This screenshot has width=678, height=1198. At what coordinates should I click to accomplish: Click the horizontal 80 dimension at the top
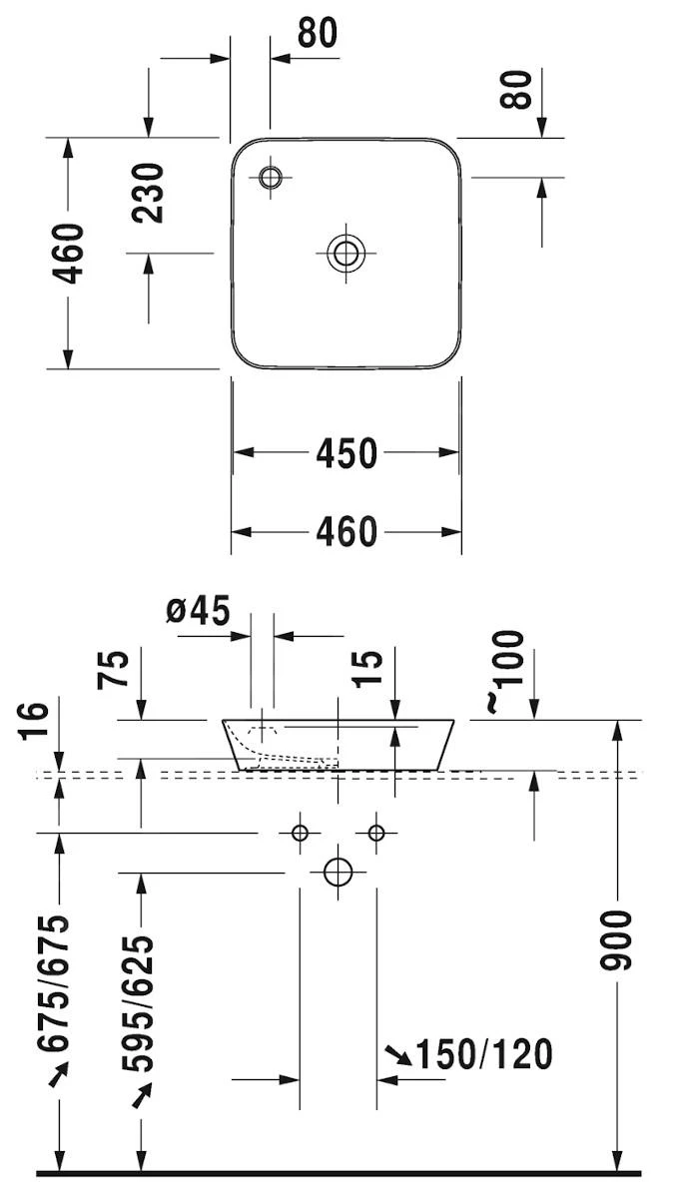pos(318,33)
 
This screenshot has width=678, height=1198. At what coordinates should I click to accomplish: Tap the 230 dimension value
pos(148,193)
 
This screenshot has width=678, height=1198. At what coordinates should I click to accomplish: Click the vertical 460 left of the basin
pos(69,254)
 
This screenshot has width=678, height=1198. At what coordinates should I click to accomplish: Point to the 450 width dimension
pos(346,453)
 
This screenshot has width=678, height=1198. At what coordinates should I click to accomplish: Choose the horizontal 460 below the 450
pos(346,531)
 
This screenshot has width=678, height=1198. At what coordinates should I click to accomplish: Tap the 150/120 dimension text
pos(483,1054)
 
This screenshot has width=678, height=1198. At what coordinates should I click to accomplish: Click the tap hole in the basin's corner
pos(270,179)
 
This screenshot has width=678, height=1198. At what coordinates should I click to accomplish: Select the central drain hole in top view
pos(345,253)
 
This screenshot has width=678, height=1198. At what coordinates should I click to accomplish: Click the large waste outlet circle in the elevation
pos(339,872)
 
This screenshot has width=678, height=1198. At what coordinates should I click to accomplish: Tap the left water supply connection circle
pos(300,832)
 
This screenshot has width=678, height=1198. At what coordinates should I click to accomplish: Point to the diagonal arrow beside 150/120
pos(397,1054)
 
